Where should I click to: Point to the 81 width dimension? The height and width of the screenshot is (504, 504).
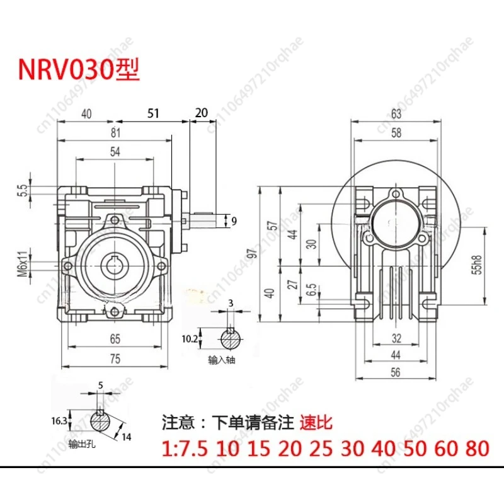click(x=114, y=134)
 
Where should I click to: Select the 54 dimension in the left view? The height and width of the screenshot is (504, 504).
click(x=114, y=152)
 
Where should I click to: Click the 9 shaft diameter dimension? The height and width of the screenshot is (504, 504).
click(x=234, y=220)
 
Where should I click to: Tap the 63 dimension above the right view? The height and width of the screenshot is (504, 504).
click(x=395, y=113)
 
